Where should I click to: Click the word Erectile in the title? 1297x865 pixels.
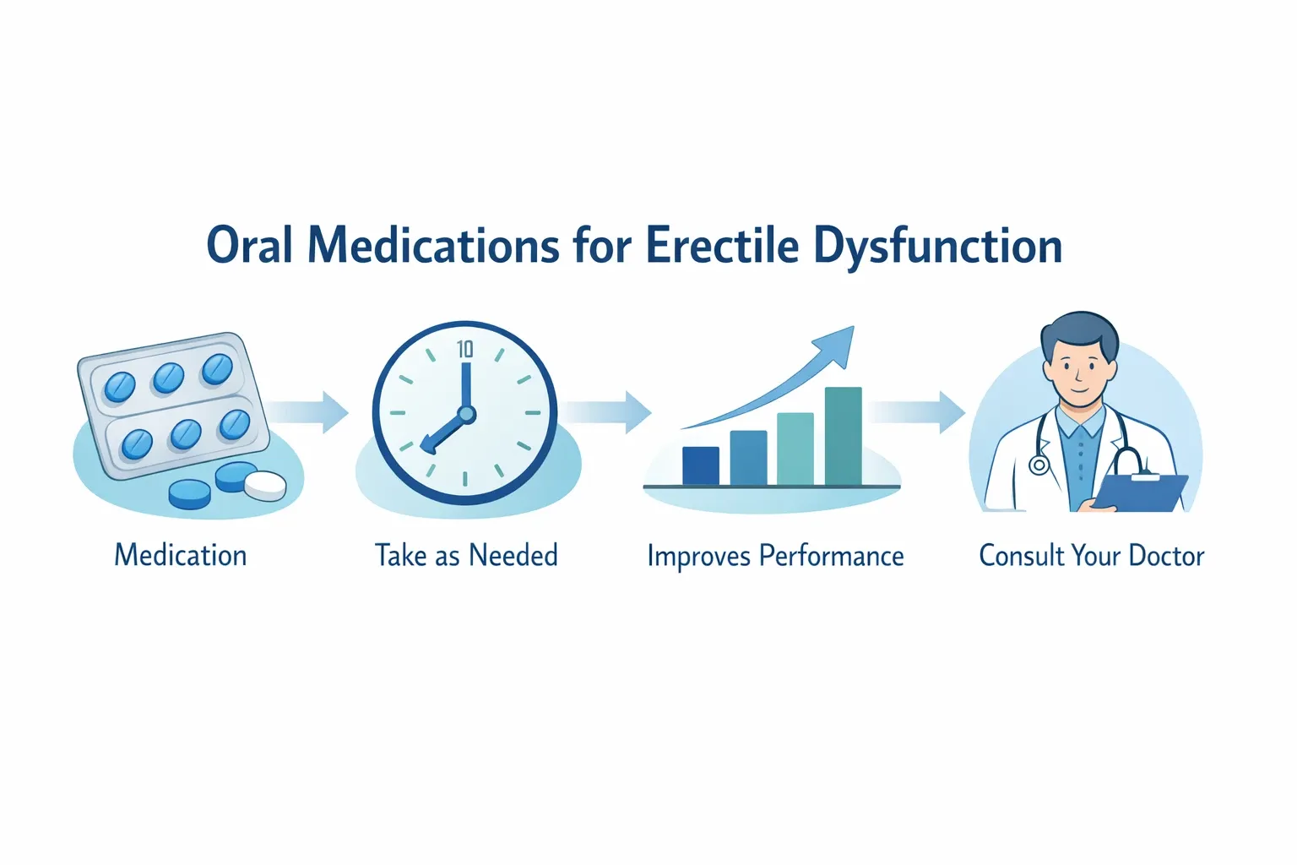click(x=722, y=246)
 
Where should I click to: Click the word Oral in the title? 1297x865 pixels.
click(x=250, y=246)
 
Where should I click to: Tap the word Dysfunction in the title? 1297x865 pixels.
click(x=937, y=248)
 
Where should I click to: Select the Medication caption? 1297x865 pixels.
click(x=181, y=556)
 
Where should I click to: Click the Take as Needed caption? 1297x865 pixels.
click(x=466, y=556)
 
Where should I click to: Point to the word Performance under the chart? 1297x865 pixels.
click(x=831, y=557)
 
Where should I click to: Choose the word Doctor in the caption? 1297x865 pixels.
click(x=1166, y=556)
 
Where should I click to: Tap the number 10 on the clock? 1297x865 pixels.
click(x=465, y=349)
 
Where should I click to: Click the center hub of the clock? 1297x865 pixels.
click(x=465, y=415)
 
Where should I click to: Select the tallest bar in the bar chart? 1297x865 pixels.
click(x=843, y=436)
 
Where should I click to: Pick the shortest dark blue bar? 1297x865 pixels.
click(x=700, y=465)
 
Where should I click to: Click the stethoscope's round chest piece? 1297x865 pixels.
click(x=1038, y=465)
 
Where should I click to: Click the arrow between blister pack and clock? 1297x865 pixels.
click(x=313, y=411)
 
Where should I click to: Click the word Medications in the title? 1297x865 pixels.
click(x=433, y=246)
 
